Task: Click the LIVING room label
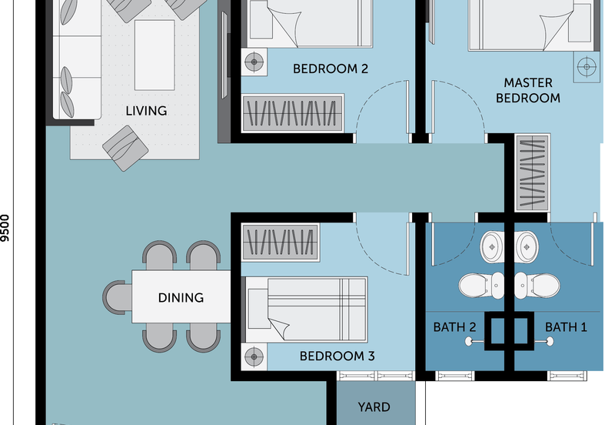[146, 111]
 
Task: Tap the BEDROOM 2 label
[331, 69]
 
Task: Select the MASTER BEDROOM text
[528, 90]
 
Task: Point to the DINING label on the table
[181, 298]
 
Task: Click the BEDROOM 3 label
[337, 356]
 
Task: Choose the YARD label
[374, 407]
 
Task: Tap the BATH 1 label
[566, 327]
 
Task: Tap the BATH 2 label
[454, 327]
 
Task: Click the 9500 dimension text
[5, 228]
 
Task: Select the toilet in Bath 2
[481, 285]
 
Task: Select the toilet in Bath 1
[537, 285]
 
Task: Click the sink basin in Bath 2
[492, 247]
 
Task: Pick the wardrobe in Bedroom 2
[293, 113]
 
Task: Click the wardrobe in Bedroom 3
[280, 243]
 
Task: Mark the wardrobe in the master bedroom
[532, 172]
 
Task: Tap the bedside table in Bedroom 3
[254, 356]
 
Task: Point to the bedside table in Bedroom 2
[254, 62]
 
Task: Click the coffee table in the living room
[155, 55]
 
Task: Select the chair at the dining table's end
[118, 297]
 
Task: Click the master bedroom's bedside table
[587, 67]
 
